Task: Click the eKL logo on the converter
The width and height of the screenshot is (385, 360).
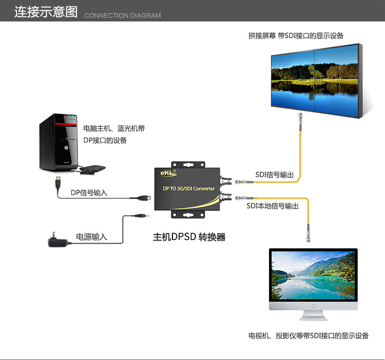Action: (x=169, y=173)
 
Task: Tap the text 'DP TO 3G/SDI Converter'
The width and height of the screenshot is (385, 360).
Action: (x=189, y=189)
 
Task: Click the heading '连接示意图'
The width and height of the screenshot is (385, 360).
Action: (x=46, y=12)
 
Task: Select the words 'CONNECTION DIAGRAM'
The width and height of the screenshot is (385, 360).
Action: (x=122, y=16)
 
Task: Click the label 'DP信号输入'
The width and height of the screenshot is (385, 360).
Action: (x=89, y=193)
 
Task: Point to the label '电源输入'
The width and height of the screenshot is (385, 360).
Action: (x=91, y=237)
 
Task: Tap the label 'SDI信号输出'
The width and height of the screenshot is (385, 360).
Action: (x=274, y=175)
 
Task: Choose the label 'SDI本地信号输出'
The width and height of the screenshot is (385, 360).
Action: (x=272, y=206)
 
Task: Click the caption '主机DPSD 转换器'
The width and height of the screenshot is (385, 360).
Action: (x=189, y=237)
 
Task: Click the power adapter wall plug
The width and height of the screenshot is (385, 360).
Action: (x=58, y=241)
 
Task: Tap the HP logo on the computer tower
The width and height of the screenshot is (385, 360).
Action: (x=66, y=147)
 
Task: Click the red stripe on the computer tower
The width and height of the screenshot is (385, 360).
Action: (x=66, y=124)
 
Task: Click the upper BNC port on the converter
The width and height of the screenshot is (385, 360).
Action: (x=226, y=181)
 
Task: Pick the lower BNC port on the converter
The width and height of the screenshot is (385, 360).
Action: (x=226, y=197)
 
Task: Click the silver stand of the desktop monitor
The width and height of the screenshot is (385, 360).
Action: (x=313, y=316)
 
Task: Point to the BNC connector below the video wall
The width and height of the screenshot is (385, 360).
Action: (x=300, y=121)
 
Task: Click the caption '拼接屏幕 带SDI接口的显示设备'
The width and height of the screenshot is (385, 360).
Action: (x=296, y=36)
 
